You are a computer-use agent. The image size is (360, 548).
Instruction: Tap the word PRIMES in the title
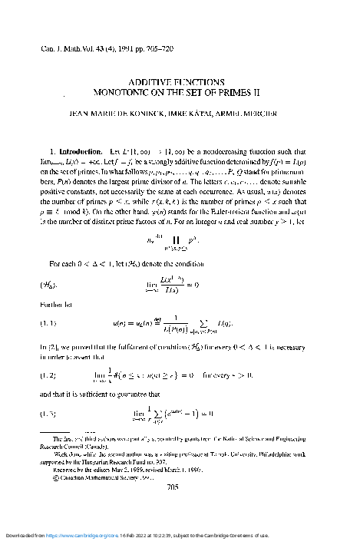click(x=235, y=91)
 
